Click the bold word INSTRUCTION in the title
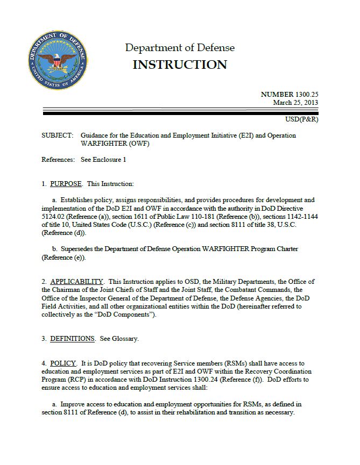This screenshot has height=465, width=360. [x=180, y=65]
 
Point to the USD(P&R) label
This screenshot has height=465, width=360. [x=302, y=119]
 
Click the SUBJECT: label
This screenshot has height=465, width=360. [x=57, y=135]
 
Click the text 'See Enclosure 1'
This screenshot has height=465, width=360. [x=103, y=160]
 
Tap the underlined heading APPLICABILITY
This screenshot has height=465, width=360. [x=76, y=281]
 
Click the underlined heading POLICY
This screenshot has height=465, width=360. [x=63, y=363]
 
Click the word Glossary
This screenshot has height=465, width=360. [x=124, y=339]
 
